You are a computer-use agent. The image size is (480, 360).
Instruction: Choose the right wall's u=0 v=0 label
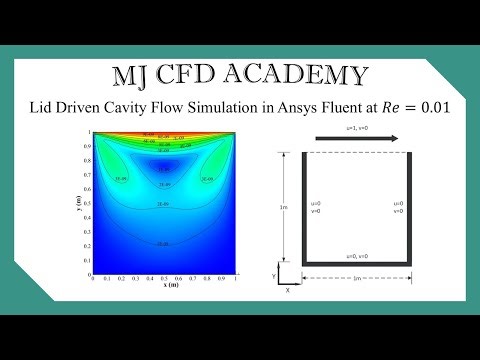(x=397, y=207)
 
